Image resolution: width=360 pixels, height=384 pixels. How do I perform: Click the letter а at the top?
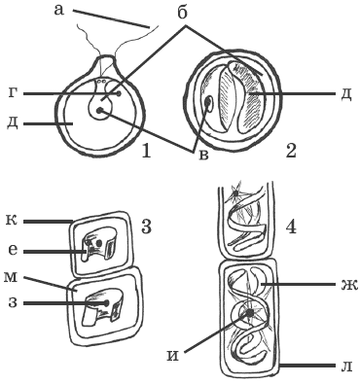tap(59, 10)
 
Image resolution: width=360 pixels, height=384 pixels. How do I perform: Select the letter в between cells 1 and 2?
tap(203, 155)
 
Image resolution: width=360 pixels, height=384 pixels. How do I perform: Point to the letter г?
tap(12, 93)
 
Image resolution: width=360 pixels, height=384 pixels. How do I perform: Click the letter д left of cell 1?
tap(13, 124)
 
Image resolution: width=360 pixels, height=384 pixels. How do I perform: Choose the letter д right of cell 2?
tap(345, 95)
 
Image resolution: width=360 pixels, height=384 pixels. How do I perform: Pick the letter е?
tap(12, 251)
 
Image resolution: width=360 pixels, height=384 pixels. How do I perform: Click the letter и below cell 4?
tap(173, 356)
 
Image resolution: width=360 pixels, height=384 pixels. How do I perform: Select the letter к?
tap(12, 221)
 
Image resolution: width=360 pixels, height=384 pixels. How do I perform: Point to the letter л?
tap(345, 367)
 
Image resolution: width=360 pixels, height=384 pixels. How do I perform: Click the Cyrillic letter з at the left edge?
tap(12, 303)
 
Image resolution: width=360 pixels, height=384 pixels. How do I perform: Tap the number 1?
tap(146, 151)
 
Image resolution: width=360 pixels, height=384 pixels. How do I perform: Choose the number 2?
tap(291, 151)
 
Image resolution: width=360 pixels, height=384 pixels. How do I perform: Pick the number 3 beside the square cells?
tap(146, 227)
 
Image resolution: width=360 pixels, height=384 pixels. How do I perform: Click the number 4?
tap(291, 227)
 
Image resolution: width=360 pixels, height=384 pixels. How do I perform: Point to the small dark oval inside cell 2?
tap(208, 104)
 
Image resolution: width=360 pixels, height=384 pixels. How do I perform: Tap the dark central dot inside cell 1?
tap(99, 111)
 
